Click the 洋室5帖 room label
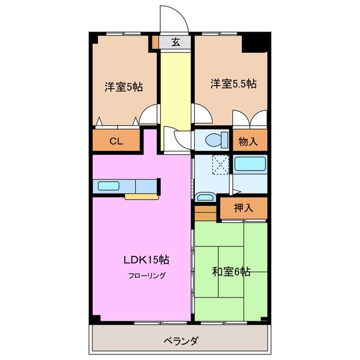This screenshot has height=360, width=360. pos(123,87)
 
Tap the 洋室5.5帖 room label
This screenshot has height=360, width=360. pos(233,84)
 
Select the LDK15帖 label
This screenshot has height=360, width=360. pos(146,260)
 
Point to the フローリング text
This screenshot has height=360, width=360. pos(146,276)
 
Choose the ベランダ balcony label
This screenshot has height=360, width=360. pos(180,341)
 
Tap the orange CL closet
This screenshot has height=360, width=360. pos(116,141)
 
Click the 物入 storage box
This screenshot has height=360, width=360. pos(248,141)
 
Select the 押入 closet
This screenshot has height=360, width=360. pos(243,208)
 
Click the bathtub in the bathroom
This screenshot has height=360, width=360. pos(249,165)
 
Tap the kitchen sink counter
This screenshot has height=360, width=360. pos(126,186)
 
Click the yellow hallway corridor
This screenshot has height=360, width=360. pos(175,96)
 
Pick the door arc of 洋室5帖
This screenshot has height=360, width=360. pos(149,115)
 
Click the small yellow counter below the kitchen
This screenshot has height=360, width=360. pos(141,197)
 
